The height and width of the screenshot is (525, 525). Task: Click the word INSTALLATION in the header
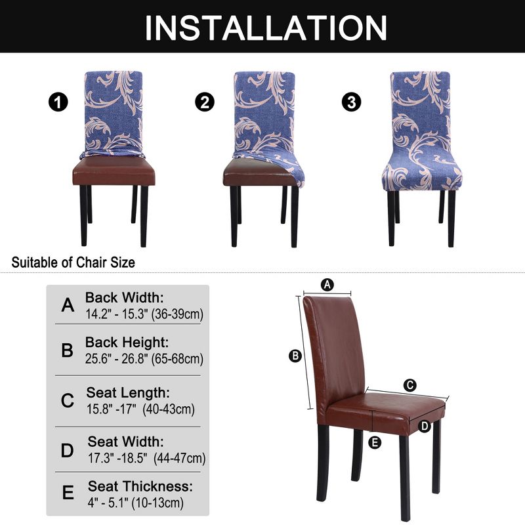pyautogui.click(x=266, y=28)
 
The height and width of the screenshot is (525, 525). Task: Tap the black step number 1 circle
pyautogui.click(x=58, y=102)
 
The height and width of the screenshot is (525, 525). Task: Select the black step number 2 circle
pyautogui.click(x=205, y=102)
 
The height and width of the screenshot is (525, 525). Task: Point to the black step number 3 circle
pyautogui.click(x=352, y=102)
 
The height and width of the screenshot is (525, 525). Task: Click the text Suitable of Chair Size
pyautogui.click(x=73, y=262)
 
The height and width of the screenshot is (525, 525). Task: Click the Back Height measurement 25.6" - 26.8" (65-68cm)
pyautogui.click(x=144, y=359)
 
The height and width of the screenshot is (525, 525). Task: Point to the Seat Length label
pyautogui.click(x=128, y=392)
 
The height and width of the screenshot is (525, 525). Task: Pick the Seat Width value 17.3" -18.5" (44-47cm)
pyautogui.click(x=146, y=457)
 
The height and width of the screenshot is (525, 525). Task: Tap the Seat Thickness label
pyautogui.click(x=140, y=486)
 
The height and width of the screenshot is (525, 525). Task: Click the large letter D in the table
pyautogui.click(x=68, y=450)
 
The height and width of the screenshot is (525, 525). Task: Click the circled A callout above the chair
pyautogui.click(x=328, y=284)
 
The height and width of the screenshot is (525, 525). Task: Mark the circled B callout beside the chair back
pyautogui.click(x=295, y=356)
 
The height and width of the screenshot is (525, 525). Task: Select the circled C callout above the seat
pyautogui.click(x=409, y=385)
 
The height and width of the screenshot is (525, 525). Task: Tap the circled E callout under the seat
pyautogui.click(x=375, y=442)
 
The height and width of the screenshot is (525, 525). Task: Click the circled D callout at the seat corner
pyautogui.click(x=425, y=426)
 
